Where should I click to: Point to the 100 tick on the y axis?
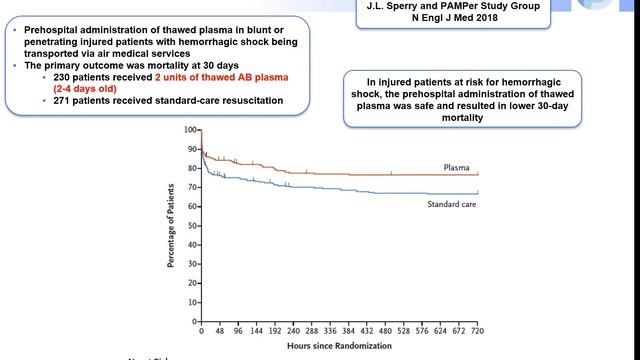[x=191, y=130]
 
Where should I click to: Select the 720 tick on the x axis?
[x=478, y=331]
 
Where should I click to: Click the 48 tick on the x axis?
[x=221, y=331]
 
